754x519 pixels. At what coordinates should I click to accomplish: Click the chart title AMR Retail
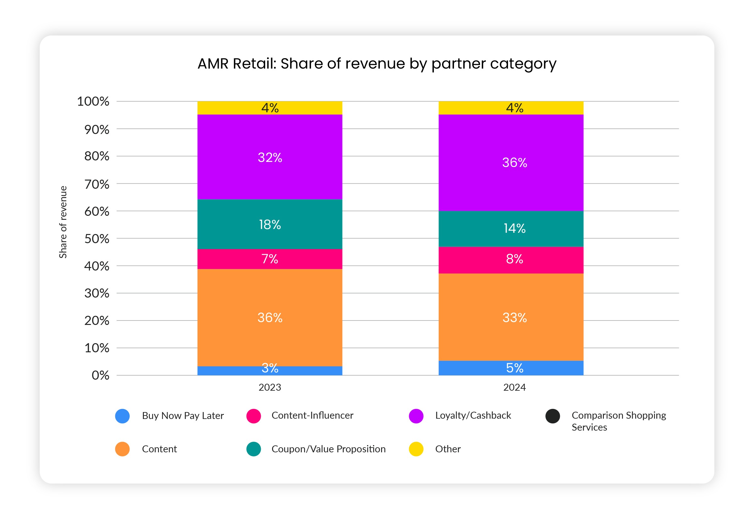point(377,64)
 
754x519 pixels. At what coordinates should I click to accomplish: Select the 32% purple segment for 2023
point(270,157)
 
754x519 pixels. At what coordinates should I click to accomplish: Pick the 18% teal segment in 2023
point(270,224)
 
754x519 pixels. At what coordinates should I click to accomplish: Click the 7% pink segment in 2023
point(270,259)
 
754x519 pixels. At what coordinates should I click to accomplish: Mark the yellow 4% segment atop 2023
point(270,108)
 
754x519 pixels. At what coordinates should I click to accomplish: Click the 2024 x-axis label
point(514,387)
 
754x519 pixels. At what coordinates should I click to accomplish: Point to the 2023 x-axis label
point(270,387)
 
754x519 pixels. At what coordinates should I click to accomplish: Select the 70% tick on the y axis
point(97,184)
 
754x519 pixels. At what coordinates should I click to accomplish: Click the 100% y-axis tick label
point(93,101)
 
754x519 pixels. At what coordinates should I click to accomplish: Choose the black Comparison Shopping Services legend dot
point(552,416)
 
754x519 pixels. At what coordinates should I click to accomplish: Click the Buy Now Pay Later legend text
point(183,416)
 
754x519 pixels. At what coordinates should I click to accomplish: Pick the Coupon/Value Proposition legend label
point(328,449)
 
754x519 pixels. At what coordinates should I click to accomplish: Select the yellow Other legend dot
point(416,449)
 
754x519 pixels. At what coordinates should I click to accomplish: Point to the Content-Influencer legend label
point(312,415)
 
